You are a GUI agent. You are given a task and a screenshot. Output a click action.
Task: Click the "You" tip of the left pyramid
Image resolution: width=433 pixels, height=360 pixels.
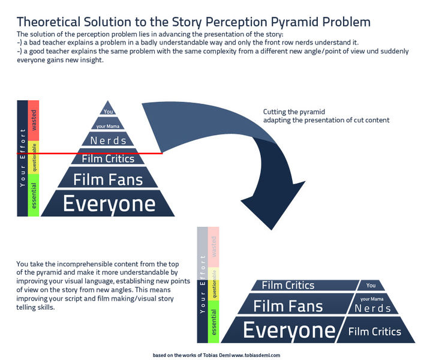point(108,109)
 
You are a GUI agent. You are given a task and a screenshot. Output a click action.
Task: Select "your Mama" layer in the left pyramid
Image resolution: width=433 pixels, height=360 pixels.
point(108,124)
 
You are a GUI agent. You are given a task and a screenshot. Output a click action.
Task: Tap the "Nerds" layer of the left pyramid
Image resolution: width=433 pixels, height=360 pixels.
point(108,139)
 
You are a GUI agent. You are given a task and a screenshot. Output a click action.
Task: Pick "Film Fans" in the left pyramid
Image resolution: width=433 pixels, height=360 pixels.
point(108,178)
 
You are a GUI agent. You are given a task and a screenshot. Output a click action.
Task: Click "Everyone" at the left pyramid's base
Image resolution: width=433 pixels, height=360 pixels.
point(108,203)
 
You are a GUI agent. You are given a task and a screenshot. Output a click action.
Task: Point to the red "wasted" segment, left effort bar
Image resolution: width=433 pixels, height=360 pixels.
point(34,121)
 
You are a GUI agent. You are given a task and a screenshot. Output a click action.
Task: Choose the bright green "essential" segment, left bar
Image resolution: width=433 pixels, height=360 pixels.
point(34,196)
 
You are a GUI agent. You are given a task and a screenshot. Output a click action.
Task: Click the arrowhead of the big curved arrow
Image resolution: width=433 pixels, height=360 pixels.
point(272,205)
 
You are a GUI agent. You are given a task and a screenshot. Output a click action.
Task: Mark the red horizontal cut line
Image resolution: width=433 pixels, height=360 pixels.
point(90,154)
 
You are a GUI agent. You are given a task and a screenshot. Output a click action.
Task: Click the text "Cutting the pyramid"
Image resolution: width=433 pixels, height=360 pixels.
point(294,112)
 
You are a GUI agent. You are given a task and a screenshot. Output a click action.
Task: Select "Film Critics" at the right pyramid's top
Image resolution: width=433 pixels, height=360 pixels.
point(305,285)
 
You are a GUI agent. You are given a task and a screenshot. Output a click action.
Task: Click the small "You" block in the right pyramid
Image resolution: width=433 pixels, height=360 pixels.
point(371,286)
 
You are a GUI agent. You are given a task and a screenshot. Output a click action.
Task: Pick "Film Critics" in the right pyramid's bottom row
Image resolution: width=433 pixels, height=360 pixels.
point(375,331)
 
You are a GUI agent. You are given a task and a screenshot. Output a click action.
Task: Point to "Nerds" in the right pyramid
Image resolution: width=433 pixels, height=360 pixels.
point(373,308)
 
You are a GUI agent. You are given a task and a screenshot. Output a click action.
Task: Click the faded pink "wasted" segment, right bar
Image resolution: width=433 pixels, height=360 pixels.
point(214,247)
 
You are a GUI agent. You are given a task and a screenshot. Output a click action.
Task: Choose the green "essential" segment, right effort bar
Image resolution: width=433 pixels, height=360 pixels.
point(214,322)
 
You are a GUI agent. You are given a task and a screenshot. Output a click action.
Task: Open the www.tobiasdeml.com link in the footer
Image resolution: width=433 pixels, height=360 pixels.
point(255,355)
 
